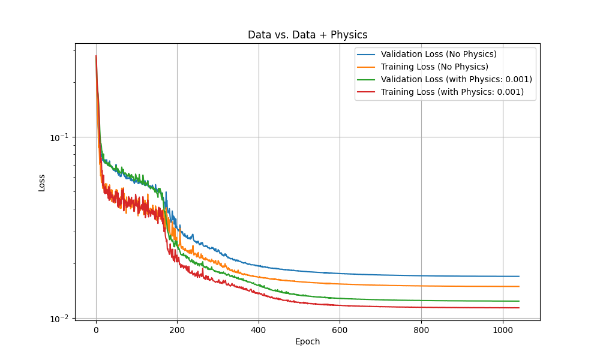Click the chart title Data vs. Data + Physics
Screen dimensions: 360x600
tap(307, 35)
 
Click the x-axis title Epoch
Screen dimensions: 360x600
tap(307, 341)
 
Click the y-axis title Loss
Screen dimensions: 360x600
tap(42, 182)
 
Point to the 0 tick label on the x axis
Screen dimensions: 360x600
tap(96, 329)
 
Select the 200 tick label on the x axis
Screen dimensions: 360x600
tap(177, 329)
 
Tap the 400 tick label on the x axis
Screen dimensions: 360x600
tap(259, 329)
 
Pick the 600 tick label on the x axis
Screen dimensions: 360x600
tap(340, 329)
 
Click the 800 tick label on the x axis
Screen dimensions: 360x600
tap(421, 329)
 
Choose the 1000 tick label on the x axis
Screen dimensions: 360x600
tap(502, 329)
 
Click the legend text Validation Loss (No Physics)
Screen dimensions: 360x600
tap(439, 54)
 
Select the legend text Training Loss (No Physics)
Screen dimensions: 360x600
tap(434, 67)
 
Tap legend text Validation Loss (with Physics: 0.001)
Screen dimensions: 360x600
tap(456, 79)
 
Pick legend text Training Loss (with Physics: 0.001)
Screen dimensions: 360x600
tap(452, 92)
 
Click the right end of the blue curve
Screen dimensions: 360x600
tap(519, 277)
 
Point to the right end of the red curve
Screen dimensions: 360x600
tap(519, 308)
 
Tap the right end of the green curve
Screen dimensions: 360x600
tap(519, 301)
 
